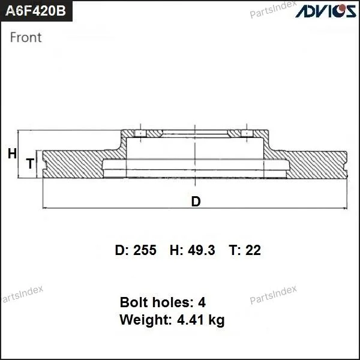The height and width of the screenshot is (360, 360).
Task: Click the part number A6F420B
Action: pos(35,11)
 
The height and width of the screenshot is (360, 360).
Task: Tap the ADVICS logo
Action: pos(326,11)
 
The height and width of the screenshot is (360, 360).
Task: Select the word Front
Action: pos(26,37)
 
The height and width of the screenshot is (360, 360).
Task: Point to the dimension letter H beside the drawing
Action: pos(12,154)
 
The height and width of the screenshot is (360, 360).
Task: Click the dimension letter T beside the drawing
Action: pos(30,163)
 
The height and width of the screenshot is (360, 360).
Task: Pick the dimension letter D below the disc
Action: pos(196,202)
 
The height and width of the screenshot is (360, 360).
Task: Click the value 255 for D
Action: pos(145,250)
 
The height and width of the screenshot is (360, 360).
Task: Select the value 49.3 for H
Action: pos(202,250)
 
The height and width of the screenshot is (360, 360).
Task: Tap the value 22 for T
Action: pos(253,250)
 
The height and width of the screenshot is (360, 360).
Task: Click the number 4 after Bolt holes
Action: pos(202,302)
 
